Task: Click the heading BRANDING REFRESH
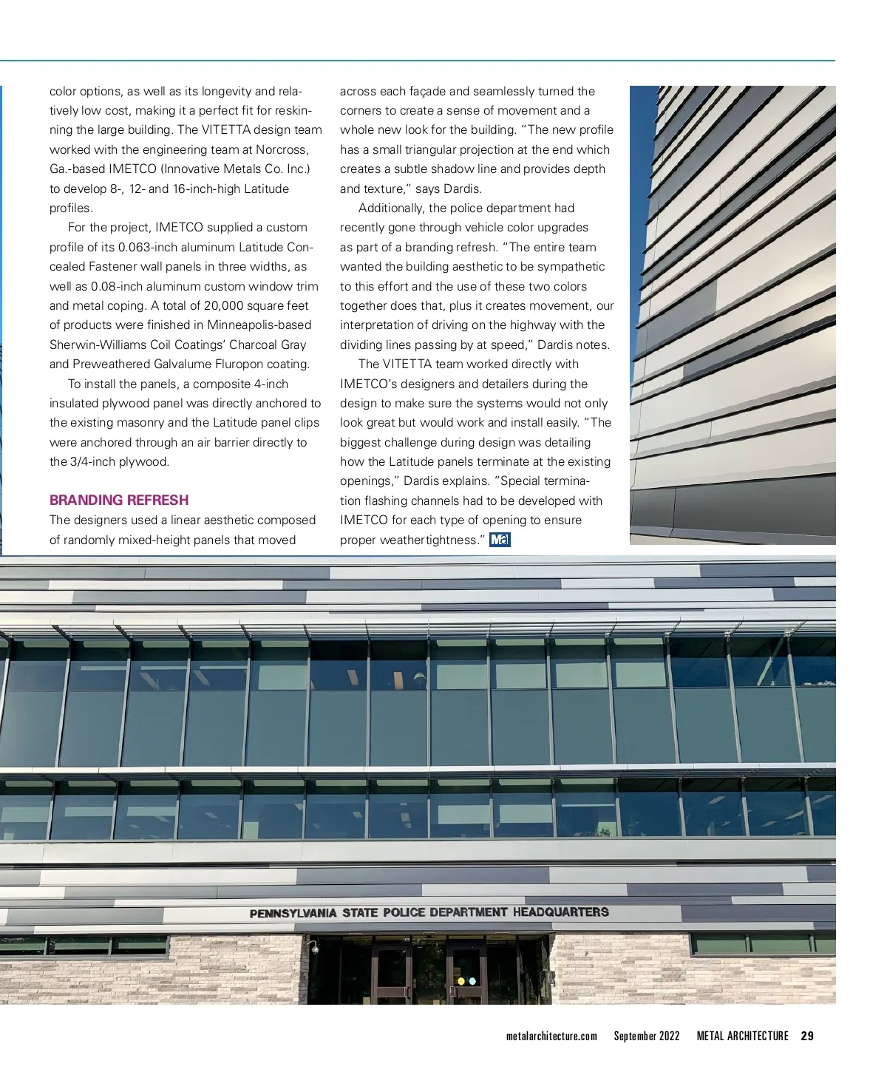(x=119, y=500)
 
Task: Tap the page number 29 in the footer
(x=807, y=1036)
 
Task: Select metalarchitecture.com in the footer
(x=551, y=1036)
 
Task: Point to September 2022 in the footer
(x=647, y=1036)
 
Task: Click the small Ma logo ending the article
(x=500, y=540)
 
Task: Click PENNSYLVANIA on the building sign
(x=293, y=914)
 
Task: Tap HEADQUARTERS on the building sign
(x=561, y=912)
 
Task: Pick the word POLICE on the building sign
(x=405, y=913)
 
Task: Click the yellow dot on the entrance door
(x=461, y=982)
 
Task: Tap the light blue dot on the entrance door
(x=472, y=982)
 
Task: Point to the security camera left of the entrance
(x=314, y=948)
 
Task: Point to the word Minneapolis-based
(x=259, y=325)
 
